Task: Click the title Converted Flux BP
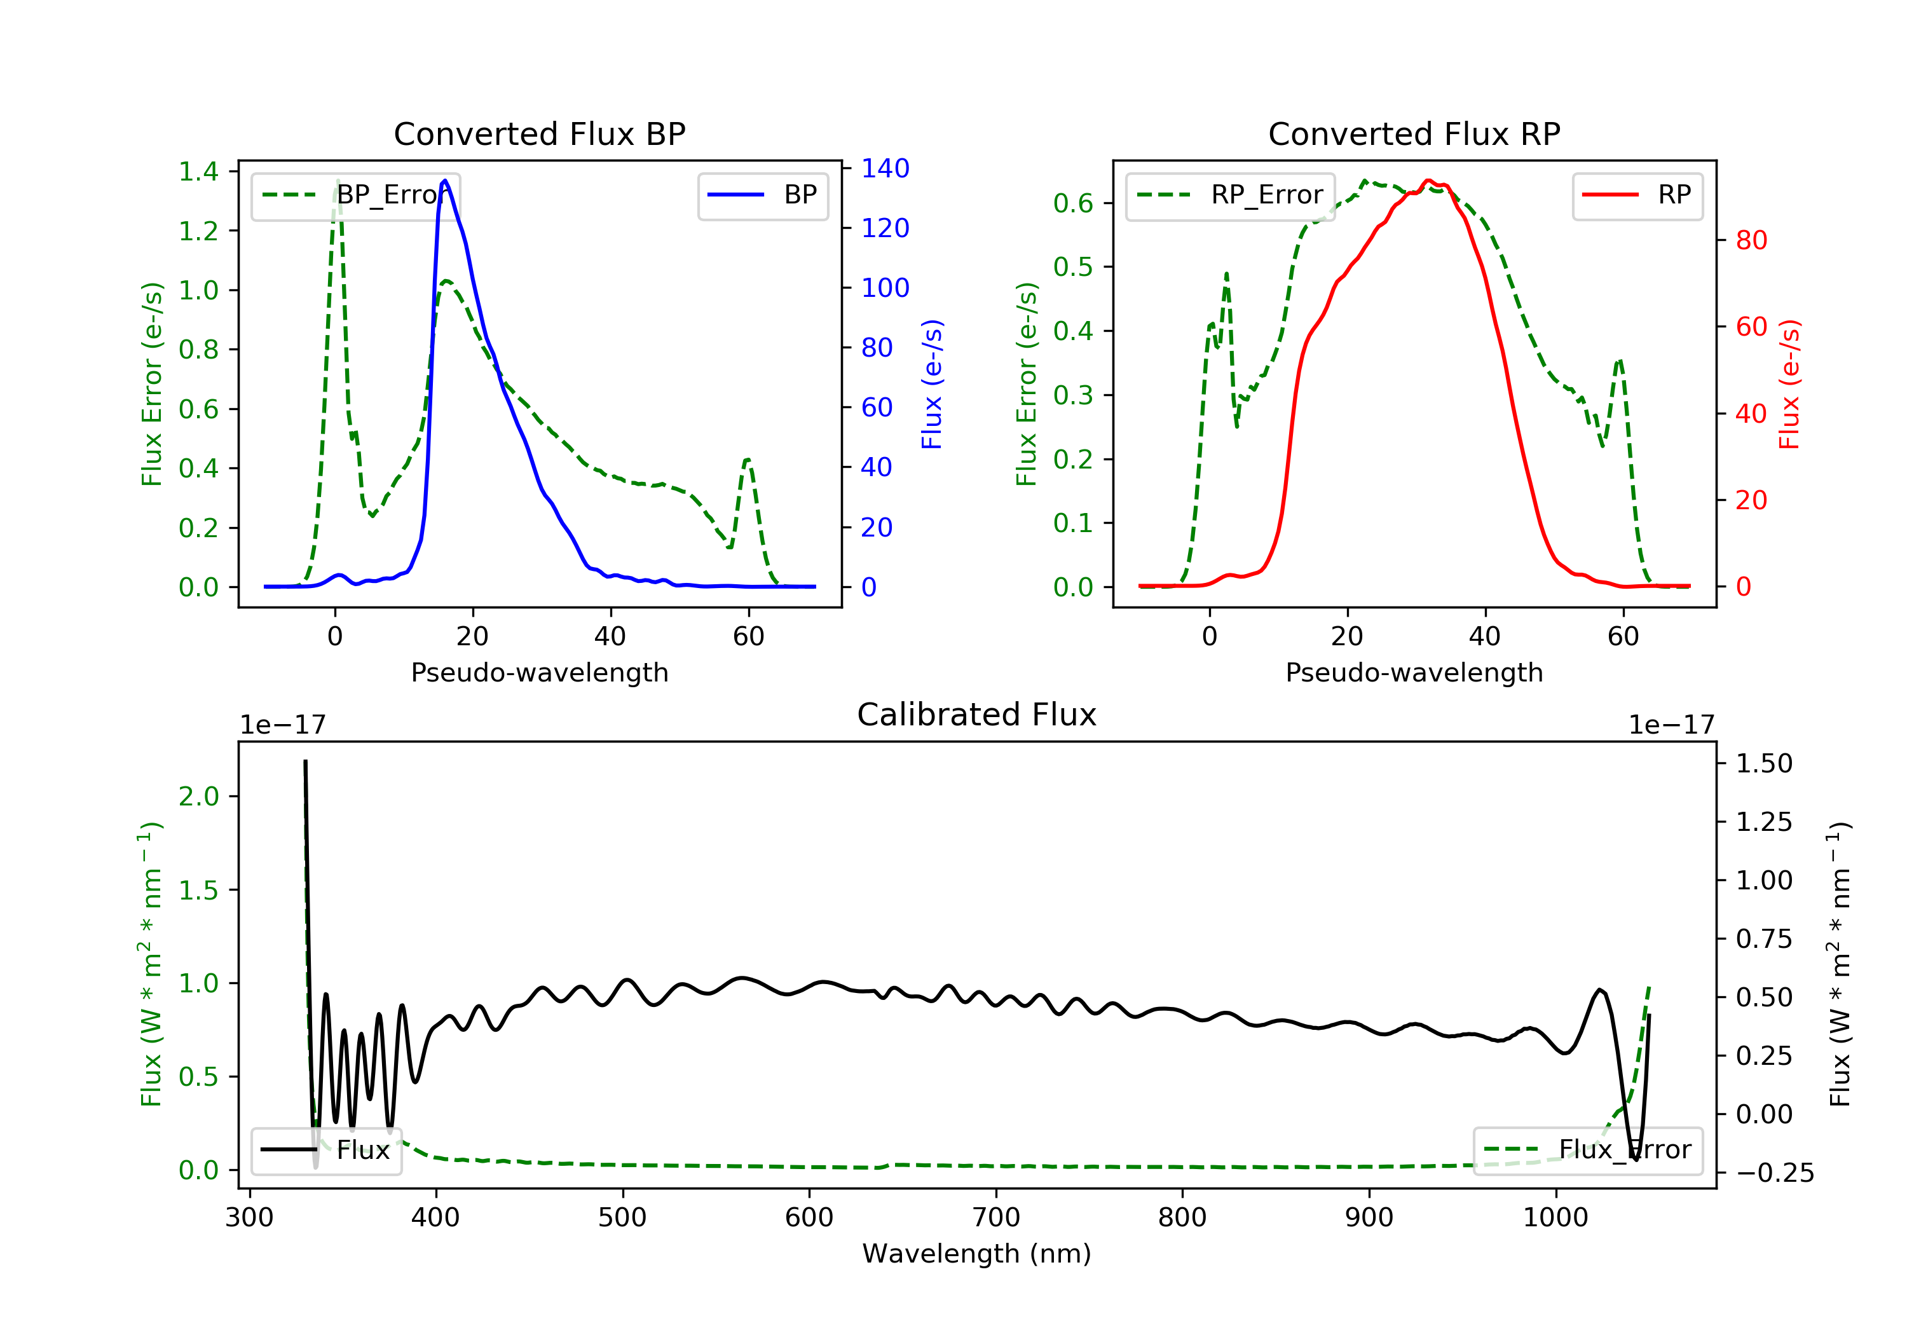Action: (539, 133)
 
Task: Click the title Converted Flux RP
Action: (1414, 133)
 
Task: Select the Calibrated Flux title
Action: (977, 715)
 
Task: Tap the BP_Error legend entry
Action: (355, 195)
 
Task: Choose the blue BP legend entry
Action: (762, 195)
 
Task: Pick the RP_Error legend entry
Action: (1229, 195)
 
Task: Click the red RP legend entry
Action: (1637, 195)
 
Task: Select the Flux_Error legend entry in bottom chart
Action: (1587, 1150)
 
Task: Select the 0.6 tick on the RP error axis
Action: (1073, 203)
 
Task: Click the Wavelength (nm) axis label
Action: (977, 1254)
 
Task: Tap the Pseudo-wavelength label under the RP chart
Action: (1414, 672)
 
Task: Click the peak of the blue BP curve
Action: (445, 181)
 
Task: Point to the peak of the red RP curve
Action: (1428, 181)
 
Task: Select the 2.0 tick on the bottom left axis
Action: (198, 796)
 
